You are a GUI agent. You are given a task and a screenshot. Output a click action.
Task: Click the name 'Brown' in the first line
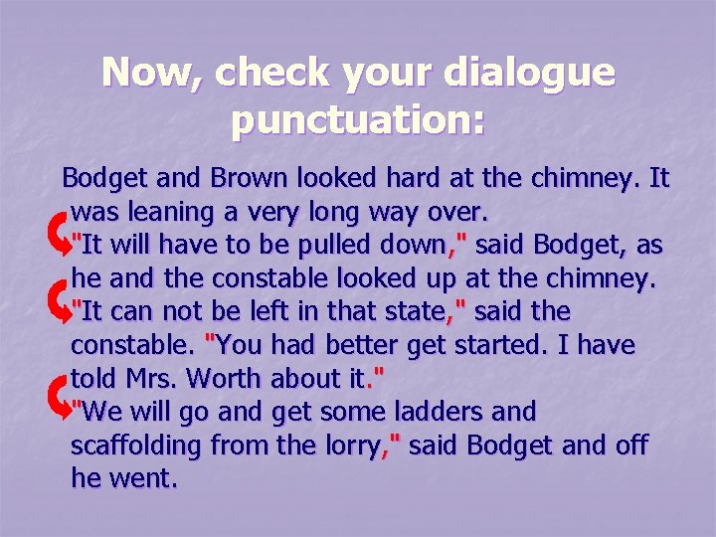246,179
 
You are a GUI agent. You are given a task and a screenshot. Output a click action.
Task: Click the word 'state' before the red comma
411,312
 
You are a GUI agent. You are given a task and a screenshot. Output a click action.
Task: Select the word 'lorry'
349,447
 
